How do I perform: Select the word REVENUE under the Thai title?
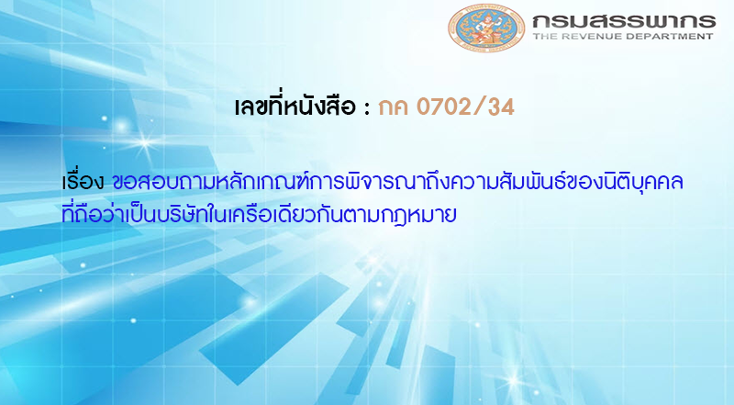coord(595,38)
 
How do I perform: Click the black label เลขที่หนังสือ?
coord(294,107)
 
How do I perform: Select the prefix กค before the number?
coord(394,108)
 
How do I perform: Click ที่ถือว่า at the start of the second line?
coord(87,215)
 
